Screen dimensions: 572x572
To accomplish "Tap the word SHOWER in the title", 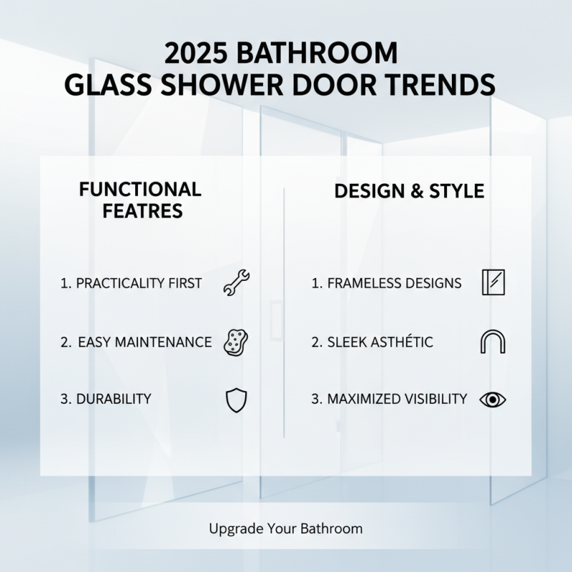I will (213, 85).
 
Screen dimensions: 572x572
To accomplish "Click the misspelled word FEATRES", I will (142, 212).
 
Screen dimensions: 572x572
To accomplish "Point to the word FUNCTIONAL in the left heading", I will (140, 189).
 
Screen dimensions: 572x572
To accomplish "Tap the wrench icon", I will (237, 283).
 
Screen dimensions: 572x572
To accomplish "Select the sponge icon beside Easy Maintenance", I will (237, 342).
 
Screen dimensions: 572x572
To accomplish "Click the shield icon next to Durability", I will (236, 400).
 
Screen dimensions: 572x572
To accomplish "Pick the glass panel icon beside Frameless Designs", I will (493, 283).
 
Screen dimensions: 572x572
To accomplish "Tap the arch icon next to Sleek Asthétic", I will (493, 342).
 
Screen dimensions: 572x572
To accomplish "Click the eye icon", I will (493, 400).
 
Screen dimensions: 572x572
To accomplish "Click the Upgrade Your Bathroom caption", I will (286, 529).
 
